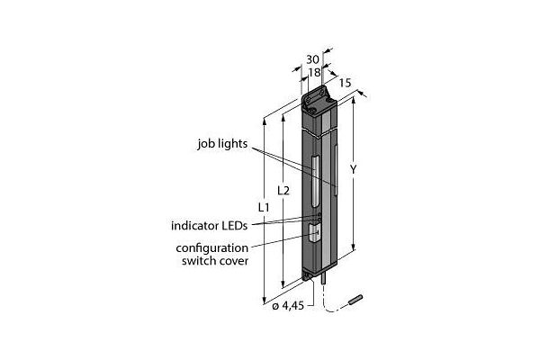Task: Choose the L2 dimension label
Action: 283,191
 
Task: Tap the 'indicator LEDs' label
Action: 211,225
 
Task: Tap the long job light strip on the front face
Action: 316,181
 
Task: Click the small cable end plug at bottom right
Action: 356,296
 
